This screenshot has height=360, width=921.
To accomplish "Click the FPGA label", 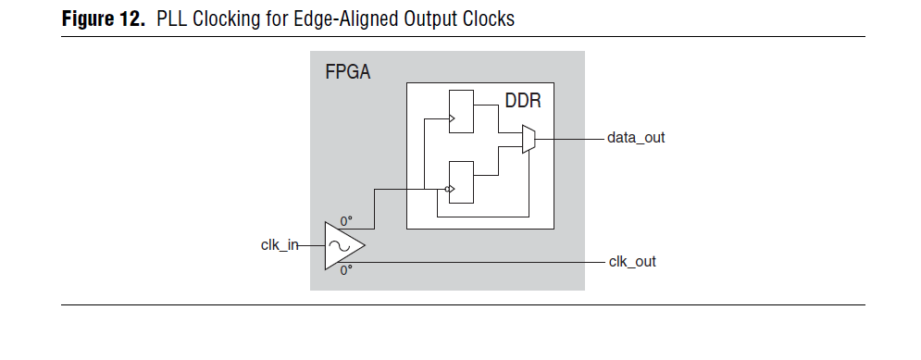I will click(347, 72).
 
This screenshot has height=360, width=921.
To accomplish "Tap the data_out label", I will click(636, 138).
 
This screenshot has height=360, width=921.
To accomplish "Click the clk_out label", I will click(632, 262).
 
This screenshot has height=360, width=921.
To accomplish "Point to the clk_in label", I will click(280, 245).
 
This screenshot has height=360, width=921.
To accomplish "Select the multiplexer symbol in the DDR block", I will click(529, 139).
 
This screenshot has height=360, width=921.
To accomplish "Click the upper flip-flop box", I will click(460, 112).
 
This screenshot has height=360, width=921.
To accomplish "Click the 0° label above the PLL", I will click(346, 221).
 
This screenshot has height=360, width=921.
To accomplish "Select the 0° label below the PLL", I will click(346, 271).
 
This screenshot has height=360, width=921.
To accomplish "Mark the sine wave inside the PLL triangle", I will click(339, 245).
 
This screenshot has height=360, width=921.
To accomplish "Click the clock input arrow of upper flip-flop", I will click(452, 119).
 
